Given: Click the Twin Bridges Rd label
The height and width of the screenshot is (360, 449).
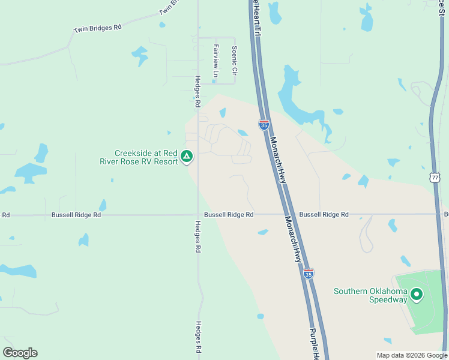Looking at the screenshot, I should coord(97,28).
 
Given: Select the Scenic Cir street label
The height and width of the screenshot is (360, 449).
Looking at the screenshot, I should coord(234,61).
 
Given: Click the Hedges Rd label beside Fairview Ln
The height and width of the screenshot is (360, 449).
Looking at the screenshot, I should coord(197,91).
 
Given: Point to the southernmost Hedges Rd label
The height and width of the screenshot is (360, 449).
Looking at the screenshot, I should coord(197,337).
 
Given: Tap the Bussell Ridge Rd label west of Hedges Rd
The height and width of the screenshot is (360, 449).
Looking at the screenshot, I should coord(76,214).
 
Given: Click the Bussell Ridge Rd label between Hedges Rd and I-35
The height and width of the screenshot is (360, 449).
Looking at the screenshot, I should coord(229,214).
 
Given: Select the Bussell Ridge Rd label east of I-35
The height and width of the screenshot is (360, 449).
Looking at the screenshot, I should coord(324,214).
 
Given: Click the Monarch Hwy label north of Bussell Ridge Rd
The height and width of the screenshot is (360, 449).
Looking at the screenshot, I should coord(277,159).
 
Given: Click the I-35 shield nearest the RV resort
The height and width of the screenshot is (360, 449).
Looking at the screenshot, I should coord(264,124).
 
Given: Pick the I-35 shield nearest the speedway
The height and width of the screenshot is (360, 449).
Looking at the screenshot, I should coord(308,273).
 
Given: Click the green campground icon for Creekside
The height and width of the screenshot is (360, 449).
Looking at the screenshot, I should coord(187,157).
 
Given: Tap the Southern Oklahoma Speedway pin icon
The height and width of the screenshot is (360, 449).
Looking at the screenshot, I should coord(416,295).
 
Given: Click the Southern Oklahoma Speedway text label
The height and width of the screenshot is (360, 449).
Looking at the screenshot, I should coord(370,295).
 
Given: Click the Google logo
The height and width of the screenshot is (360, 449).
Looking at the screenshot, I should coord(20,353).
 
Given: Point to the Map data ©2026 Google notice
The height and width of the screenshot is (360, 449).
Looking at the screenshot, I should coord(412,355).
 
